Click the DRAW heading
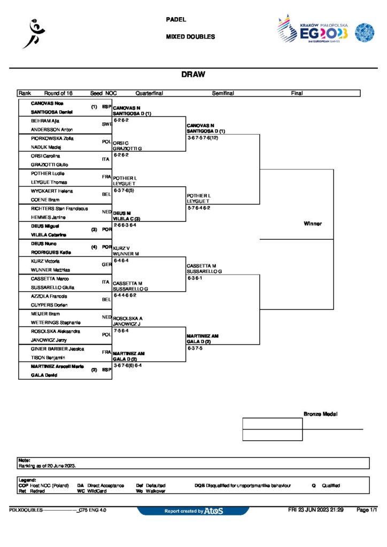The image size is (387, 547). (x=193, y=75)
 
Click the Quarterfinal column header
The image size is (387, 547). (x=149, y=93)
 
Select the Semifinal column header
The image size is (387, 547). (x=222, y=93)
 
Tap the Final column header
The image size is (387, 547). (x=297, y=93)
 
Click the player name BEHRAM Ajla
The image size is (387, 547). (x=44, y=121)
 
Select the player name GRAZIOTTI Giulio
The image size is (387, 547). (x=49, y=165)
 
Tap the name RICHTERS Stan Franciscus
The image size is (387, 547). (x=59, y=208)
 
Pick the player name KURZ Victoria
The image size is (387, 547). (x=45, y=261)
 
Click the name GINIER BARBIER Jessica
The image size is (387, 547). (x=56, y=349)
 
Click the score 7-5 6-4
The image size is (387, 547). (x=125, y=331)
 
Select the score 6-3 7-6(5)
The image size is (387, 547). (x=127, y=190)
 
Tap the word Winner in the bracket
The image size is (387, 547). (x=313, y=224)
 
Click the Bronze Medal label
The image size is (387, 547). (x=321, y=414)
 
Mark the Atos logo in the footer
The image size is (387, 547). (x=213, y=511)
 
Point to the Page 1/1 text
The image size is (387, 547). (x=367, y=510)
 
